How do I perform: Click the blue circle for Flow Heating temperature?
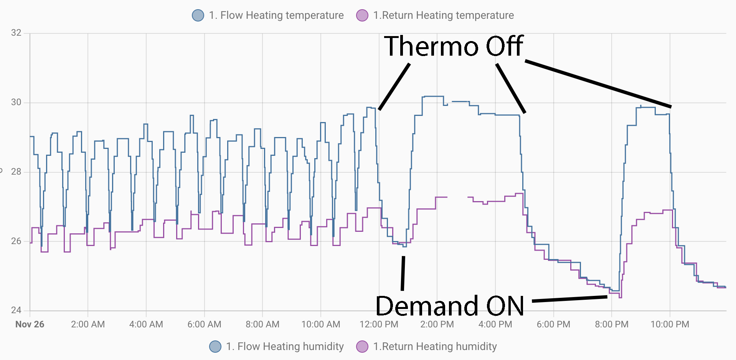[198, 15]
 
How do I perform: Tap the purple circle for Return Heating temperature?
[362, 15]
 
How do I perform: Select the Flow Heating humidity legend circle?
[215, 347]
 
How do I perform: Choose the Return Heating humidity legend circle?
[362, 347]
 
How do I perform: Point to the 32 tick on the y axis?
[16, 33]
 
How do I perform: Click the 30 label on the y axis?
[16, 102]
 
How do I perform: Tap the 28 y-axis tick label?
[16, 172]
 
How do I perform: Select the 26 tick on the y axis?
[16, 241]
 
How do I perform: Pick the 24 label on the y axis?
[16, 310]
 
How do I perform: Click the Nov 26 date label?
[30, 324]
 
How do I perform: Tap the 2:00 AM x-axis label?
[88, 324]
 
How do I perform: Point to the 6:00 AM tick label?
[204, 324]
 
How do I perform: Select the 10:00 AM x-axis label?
[321, 324]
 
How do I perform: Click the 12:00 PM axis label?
[379, 324]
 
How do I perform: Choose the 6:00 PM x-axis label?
[553, 324]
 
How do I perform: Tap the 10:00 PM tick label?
[670, 324]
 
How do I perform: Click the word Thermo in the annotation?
[432, 46]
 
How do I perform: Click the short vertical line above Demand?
[403, 273]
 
